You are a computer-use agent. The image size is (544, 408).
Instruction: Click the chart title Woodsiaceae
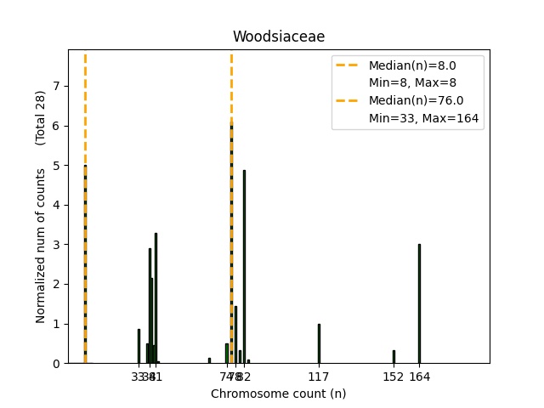coord(279,37)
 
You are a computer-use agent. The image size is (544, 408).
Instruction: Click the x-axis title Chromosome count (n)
coord(279,394)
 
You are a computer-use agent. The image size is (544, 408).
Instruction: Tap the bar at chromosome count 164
coord(419,303)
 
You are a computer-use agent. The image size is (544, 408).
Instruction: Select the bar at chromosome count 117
coord(319,343)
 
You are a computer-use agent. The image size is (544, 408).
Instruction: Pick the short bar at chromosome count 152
coord(394,356)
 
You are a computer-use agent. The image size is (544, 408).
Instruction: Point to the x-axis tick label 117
coord(319,376)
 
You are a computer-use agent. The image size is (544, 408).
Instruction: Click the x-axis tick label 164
coord(419,376)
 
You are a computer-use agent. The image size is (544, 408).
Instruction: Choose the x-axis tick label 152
coord(394,376)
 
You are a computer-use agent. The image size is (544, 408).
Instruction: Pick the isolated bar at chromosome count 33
coord(139,347)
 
